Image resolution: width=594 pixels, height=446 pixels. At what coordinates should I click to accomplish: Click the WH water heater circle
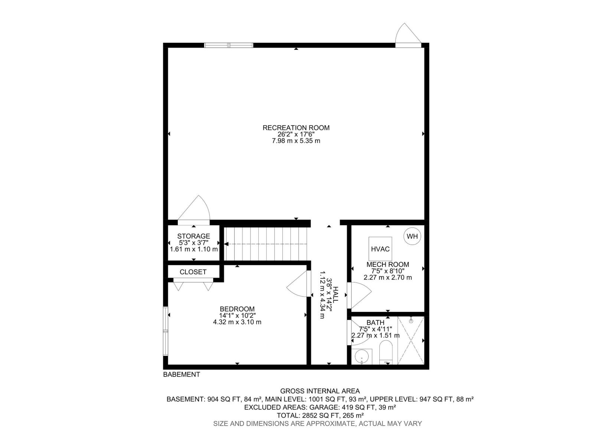point(412,236)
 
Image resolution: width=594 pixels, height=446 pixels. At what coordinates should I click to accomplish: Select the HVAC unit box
point(380,249)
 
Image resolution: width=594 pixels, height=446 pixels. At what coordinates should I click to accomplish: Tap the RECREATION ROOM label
point(296,128)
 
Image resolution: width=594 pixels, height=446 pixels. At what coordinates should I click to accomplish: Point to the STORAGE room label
point(193,236)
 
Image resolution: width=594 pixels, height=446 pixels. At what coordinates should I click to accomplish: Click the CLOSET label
point(193,272)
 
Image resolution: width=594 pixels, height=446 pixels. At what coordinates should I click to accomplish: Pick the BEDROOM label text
point(237,309)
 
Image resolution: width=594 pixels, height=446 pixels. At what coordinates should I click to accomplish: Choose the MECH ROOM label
point(388,265)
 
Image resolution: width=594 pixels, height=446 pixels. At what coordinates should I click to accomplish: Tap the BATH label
point(375,323)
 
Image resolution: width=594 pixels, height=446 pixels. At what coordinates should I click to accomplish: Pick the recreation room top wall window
point(229,45)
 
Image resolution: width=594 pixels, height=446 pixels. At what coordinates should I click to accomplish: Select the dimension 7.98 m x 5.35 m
point(296,141)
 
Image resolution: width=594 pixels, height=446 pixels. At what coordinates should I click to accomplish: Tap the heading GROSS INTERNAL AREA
point(320,391)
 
